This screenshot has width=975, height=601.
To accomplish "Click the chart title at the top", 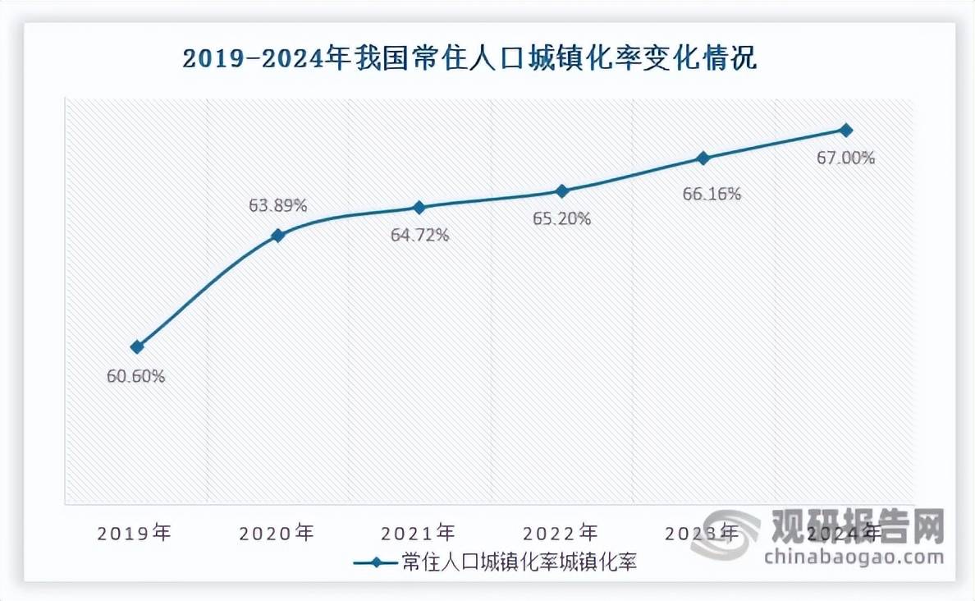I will [469, 60].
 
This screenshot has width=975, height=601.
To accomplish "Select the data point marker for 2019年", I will [137, 347].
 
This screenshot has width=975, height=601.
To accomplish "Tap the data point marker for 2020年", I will [278, 236].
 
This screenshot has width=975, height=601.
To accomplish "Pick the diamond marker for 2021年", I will [419, 207].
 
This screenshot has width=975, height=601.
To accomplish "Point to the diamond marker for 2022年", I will [562, 191].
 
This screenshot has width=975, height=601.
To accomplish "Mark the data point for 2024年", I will [846, 130].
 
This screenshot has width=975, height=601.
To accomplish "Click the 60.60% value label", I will [136, 377].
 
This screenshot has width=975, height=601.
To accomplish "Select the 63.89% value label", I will [278, 205].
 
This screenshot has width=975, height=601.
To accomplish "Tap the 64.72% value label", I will [419, 236].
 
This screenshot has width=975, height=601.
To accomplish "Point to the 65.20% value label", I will [562, 220].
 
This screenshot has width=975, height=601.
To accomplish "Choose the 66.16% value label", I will [712, 194].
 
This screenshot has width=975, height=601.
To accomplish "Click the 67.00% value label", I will [845, 158].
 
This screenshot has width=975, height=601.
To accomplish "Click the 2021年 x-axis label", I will [419, 533].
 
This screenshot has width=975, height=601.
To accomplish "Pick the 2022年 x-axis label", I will [561, 533].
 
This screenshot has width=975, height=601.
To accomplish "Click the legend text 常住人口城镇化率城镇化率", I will [520, 562].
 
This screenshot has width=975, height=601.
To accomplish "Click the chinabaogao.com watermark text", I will [854, 557].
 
